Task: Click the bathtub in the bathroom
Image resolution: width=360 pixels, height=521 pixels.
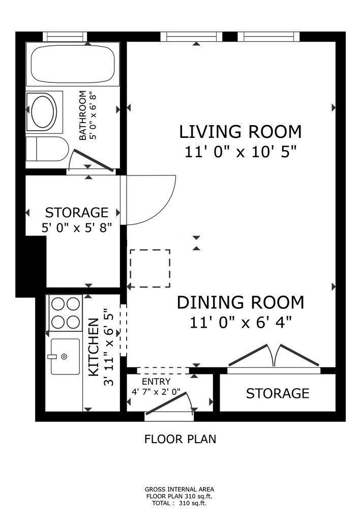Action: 73,65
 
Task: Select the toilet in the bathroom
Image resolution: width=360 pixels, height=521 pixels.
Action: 47,149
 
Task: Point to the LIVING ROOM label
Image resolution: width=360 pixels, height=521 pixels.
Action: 241,132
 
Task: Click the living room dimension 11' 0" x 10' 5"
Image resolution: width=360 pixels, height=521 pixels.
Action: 241,152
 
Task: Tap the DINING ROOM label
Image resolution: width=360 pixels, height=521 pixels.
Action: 241,302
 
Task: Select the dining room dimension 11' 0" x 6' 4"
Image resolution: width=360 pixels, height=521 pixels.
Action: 241,322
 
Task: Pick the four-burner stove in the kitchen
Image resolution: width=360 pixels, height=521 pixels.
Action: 66,313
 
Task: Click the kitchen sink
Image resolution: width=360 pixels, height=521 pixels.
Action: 65,357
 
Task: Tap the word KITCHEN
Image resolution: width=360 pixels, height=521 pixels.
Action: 94,348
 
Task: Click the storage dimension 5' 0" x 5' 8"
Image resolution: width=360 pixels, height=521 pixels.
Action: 76,228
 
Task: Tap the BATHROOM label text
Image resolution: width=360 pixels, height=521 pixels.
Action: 82,115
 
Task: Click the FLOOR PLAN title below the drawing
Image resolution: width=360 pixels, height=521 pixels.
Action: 181,439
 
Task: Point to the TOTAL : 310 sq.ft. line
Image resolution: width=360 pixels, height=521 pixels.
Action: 179,503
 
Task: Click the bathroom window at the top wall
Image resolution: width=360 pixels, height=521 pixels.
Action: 65,36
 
